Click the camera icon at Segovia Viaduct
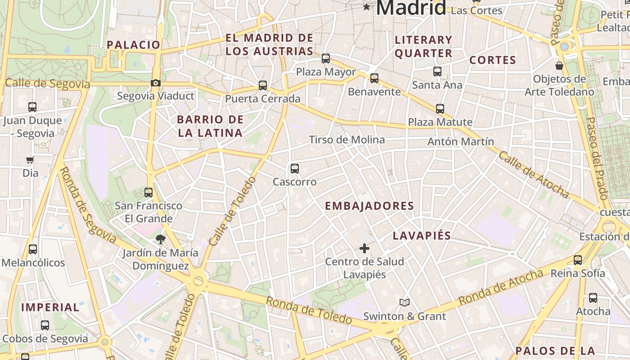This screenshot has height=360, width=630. pos(156,83)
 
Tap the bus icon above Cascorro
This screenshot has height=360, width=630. pos(295,169)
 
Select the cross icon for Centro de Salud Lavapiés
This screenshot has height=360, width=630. pos(364,248)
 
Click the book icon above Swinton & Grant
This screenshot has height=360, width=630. pos(405,303)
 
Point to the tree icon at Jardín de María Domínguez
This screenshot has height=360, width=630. pos(160,239)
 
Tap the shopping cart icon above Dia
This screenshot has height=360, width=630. pos(30,160)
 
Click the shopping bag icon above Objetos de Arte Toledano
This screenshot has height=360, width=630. pos(559,66)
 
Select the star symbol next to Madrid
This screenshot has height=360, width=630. pos(367,7)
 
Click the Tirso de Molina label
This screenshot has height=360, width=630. pos(346,139)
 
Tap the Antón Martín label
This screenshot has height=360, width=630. pos(460,141)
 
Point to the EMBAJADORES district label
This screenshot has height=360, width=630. pos(369,206)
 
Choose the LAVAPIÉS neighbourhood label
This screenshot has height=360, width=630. pos(422,236)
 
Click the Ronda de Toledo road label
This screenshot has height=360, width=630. pos(308,310)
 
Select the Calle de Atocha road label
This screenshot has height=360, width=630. pos(534,174)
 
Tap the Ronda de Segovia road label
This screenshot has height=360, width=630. pos(87,204)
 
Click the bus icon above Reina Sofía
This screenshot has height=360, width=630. pos(578,260)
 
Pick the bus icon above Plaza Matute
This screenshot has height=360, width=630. pos(440,108)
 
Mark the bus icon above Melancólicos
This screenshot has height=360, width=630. pos(33,249)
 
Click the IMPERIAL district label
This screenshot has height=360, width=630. pos(50,307)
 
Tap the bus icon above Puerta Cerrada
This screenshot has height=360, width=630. pos(263,85)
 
